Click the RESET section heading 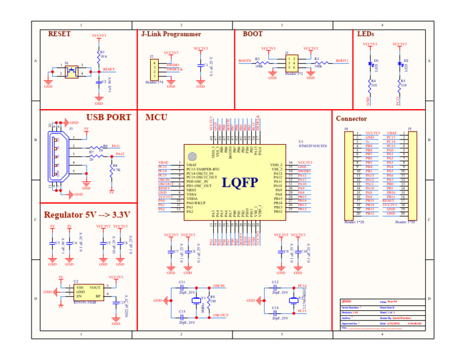pyautogui.click(x=60, y=35)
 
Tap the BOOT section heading pyautogui.click(x=252, y=35)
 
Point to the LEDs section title pyautogui.click(x=366, y=35)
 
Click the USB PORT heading pyautogui.click(x=108, y=118)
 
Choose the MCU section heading pyautogui.click(x=156, y=118)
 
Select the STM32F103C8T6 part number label pyautogui.click(x=312, y=146)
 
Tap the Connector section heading pyautogui.click(x=352, y=119)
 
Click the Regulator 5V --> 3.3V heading pyautogui.click(x=87, y=215)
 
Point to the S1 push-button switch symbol pyautogui.click(x=72, y=72)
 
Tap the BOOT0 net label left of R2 pyautogui.click(x=245, y=61)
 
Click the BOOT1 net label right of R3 pyautogui.click(x=342, y=61)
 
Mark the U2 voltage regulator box pyautogui.click(x=88, y=292)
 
